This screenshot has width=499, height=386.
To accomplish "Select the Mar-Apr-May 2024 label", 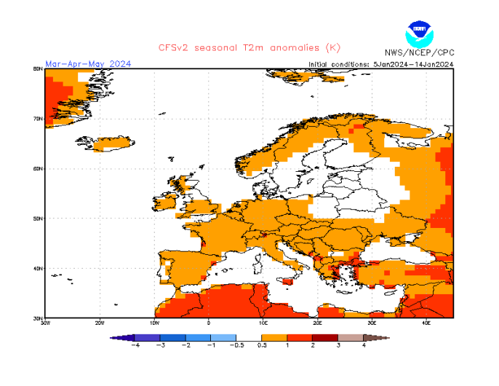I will (88, 64).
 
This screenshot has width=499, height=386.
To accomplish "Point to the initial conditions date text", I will (381, 64).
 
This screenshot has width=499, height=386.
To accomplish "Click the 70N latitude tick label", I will (39, 119).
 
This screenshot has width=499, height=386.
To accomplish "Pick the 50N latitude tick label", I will (39, 218).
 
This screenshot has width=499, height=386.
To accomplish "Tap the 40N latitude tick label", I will (39, 268).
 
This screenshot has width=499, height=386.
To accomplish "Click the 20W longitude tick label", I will (100, 322).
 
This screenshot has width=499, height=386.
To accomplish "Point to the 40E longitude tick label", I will (426, 322).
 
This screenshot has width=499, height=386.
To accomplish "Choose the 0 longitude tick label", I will (209, 322).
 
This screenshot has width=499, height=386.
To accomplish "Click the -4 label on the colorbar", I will (135, 345).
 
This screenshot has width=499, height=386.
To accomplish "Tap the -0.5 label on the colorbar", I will (236, 345).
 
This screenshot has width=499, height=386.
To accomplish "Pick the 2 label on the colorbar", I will (313, 345).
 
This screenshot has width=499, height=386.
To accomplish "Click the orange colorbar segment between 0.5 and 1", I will (274, 338).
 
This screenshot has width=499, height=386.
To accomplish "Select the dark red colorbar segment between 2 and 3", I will (325, 338).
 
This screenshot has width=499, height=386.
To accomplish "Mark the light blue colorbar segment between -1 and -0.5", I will (223, 338).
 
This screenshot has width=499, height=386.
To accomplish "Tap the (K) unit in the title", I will (331, 48).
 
